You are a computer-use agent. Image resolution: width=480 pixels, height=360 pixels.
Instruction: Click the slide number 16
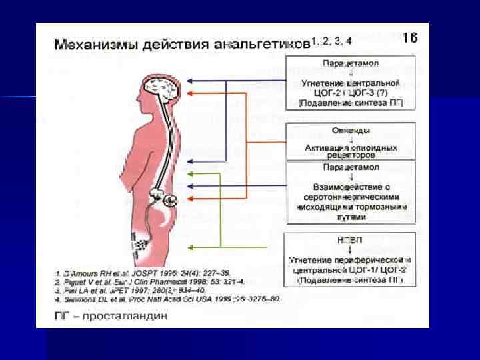(x=410, y=38)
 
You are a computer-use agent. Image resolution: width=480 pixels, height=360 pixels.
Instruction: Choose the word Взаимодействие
(x=345, y=188)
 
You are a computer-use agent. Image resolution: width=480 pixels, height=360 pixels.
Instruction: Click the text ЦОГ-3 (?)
(x=378, y=93)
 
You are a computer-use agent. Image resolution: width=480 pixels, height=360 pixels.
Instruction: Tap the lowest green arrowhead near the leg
(x=190, y=248)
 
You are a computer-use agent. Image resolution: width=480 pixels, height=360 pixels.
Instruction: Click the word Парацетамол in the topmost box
(x=351, y=63)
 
